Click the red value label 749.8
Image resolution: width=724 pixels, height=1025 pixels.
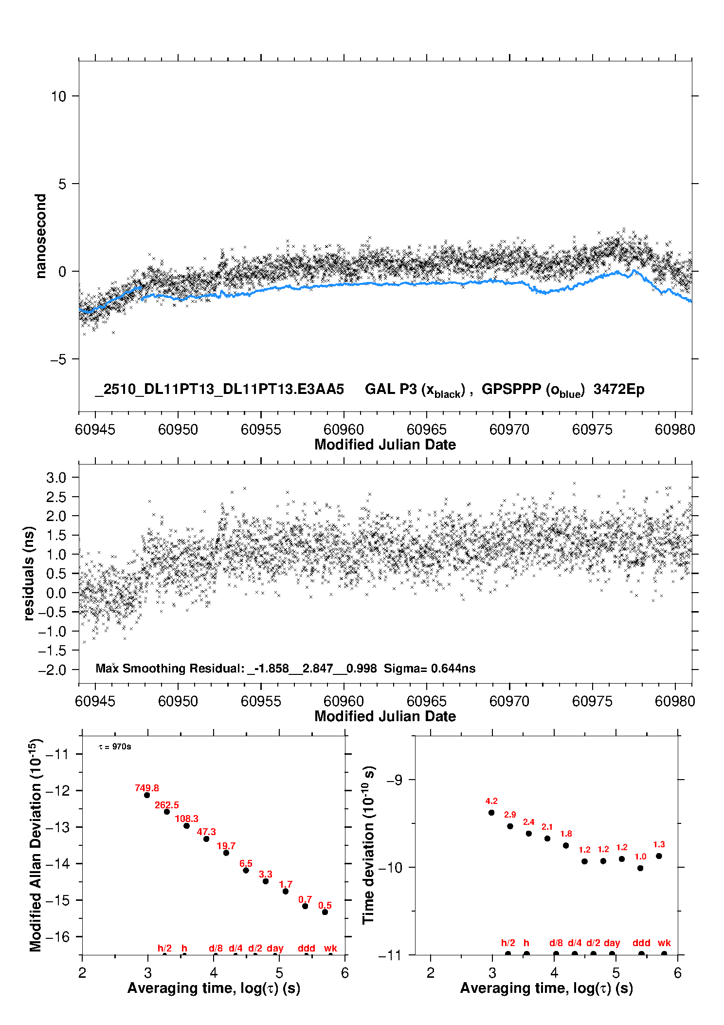coord(147,788)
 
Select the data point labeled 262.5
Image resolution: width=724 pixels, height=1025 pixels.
coord(167,812)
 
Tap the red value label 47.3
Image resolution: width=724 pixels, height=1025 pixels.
coord(206,832)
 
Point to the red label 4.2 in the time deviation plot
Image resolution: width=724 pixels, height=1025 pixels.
coord(491,801)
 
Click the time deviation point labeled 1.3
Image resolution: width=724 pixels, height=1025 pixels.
coord(659,856)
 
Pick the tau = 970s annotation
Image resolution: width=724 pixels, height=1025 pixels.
coord(115,747)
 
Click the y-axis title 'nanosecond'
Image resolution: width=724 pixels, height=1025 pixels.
coord(40,236)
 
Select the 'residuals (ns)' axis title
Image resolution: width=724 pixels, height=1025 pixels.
coord(29,573)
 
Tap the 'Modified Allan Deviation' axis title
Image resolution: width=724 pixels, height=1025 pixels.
coord(35,845)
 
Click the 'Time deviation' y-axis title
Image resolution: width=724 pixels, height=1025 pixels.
coord(368,845)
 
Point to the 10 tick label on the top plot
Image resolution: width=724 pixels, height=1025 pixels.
coord(58,96)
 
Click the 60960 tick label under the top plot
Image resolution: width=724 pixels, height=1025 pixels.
coord(344,429)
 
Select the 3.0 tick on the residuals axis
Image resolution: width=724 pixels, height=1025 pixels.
coord(56,478)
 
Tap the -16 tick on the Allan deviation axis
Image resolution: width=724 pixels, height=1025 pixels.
coord(57,936)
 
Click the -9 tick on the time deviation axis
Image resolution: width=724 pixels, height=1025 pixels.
coord(394,780)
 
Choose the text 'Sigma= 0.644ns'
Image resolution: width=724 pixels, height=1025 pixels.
coord(430,669)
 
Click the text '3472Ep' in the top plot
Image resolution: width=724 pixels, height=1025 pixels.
coord(619,390)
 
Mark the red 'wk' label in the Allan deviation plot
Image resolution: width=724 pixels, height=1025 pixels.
coord(330,948)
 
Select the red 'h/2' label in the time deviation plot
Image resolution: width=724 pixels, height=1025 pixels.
coord(508,943)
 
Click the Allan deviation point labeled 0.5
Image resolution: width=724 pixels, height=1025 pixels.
coord(325,912)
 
